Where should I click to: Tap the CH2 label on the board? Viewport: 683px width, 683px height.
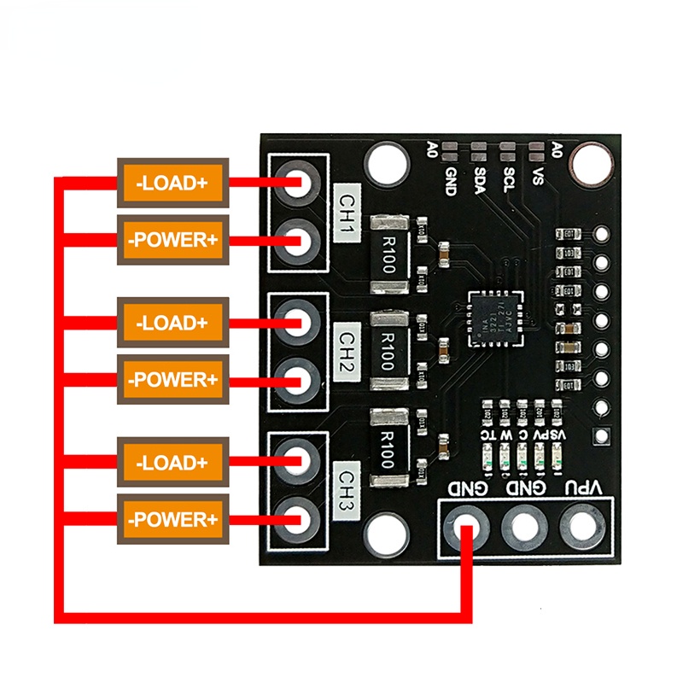pyautogui.click(x=347, y=347)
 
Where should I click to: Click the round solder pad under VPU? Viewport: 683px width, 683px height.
pyautogui.click(x=582, y=524)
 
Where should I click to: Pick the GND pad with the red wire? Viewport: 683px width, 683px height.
pyautogui.click(x=465, y=524)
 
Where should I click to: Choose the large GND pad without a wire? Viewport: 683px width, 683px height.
pyautogui.click(x=523, y=524)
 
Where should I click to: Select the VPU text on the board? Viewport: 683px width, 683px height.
pyautogui.click(x=585, y=488)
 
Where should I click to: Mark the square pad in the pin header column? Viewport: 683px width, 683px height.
pyautogui.click(x=603, y=435)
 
